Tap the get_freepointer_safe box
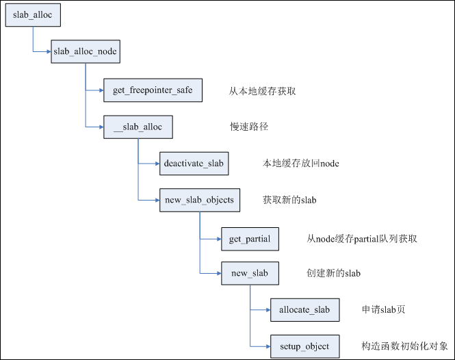(153, 90)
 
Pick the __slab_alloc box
(138, 127)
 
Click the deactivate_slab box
(193, 164)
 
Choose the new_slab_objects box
(200, 201)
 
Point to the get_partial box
(250, 239)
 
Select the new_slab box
(250, 274)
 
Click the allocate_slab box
(304, 310)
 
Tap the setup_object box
(304, 346)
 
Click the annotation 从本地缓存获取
(262, 90)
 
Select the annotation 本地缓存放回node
(300, 164)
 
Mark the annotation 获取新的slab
(289, 201)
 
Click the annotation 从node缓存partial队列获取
(362, 239)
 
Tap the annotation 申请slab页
(383, 310)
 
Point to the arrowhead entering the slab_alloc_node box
(48, 53)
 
